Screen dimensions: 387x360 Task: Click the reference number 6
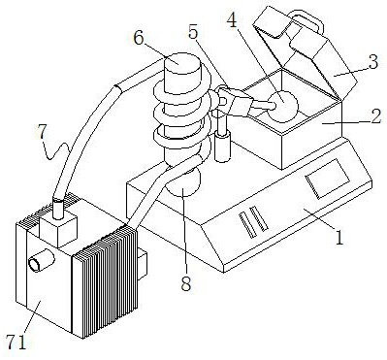[139, 39]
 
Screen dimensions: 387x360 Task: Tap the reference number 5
[193, 31]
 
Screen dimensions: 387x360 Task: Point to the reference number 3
[372, 62]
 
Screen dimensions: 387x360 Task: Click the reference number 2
[375, 117]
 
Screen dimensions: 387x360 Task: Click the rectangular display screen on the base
[328, 178]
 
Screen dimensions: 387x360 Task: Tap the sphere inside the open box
[283, 106]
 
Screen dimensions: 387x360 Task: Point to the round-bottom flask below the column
[183, 181]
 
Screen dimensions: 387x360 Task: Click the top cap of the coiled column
[182, 64]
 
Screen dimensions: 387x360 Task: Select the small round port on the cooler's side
[42, 260]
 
